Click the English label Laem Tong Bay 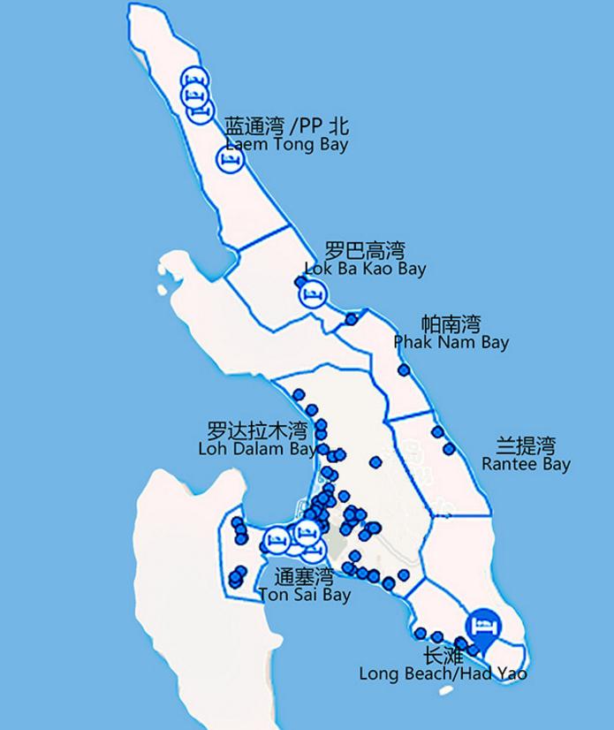click(x=286, y=144)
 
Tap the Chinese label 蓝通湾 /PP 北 click(x=287, y=126)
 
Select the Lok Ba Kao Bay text click(x=364, y=268)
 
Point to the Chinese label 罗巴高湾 click(x=364, y=250)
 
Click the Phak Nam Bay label click(x=451, y=342)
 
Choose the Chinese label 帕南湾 click(x=451, y=323)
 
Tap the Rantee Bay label click(x=526, y=464)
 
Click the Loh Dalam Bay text click(x=258, y=449)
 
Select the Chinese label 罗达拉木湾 click(x=257, y=431)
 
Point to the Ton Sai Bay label click(x=305, y=595)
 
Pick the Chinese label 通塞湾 click(x=304, y=577)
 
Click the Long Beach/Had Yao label click(x=443, y=673)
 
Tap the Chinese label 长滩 click(x=443, y=656)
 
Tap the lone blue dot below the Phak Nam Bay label click(x=404, y=369)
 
